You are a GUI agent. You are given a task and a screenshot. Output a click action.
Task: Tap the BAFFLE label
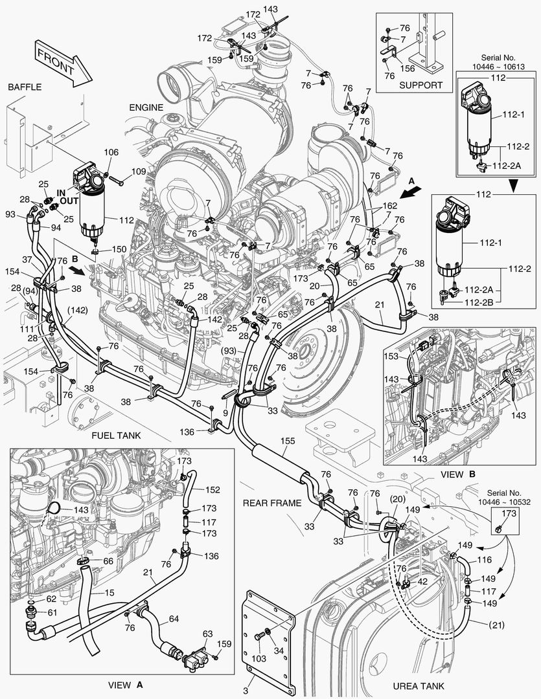tap(25, 87)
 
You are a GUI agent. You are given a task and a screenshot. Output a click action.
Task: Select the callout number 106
tap(111, 152)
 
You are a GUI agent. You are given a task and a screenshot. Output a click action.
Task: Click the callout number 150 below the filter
tap(120, 249)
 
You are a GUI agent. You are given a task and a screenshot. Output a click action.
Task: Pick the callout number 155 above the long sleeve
tap(287, 441)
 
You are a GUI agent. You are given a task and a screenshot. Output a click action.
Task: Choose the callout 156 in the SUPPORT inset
tap(408, 67)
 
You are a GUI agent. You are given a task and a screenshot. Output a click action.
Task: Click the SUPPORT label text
tap(420, 85)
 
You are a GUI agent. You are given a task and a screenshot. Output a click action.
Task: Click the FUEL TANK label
tap(116, 436)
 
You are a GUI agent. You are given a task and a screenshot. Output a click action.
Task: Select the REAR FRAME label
tap(272, 503)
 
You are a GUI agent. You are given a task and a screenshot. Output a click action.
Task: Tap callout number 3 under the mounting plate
tap(246, 691)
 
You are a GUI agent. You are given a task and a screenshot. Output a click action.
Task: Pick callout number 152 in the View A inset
tap(213, 490)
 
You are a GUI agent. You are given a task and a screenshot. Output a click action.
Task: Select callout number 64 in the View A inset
tap(174, 619)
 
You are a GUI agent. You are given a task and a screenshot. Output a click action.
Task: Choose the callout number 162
tap(389, 206)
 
